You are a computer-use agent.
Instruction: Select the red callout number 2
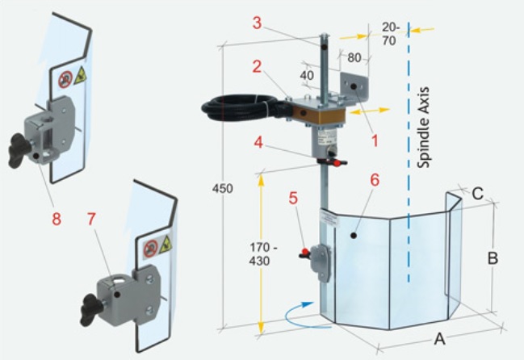pos(256,67)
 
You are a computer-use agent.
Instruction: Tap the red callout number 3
pos(256,23)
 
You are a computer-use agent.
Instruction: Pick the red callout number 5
pos(293,196)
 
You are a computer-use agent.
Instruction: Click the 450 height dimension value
pos(222,189)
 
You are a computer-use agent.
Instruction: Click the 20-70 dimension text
pos(389,33)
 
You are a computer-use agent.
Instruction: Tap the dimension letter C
pos(478,194)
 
